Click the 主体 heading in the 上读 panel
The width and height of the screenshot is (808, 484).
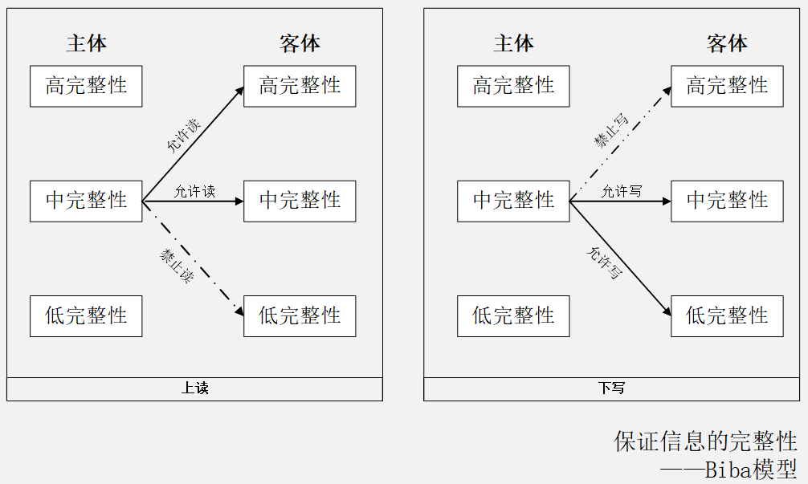(x=86, y=43)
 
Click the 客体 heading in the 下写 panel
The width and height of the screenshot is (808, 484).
(x=727, y=43)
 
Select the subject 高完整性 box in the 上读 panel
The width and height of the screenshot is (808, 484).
(x=86, y=86)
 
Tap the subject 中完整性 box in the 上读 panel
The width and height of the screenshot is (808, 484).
(x=86, y=201)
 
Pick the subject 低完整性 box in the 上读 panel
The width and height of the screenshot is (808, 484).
(x=86, y=315)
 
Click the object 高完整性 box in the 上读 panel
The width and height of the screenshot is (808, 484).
(x=300, y=86)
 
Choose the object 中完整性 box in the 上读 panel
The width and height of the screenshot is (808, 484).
(x=300, y=201)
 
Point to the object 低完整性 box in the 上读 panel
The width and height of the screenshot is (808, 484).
(x=300, y=315)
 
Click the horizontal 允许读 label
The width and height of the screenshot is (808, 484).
(x=194, y=191)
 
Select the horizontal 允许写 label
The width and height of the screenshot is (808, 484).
(x=622, y=191)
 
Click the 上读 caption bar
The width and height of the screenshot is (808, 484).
(x=194, y=388)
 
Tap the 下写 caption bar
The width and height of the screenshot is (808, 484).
(x=611, y=388)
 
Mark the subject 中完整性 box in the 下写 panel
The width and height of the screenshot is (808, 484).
(x=513, y=201)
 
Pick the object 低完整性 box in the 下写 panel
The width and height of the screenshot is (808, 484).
(x=727, y=315)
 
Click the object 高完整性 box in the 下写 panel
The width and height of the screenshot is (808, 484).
(x=727, y=86)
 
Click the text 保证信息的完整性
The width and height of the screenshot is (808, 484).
(x=705, y=441)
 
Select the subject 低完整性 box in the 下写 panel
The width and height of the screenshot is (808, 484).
(x=513, y=315)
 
